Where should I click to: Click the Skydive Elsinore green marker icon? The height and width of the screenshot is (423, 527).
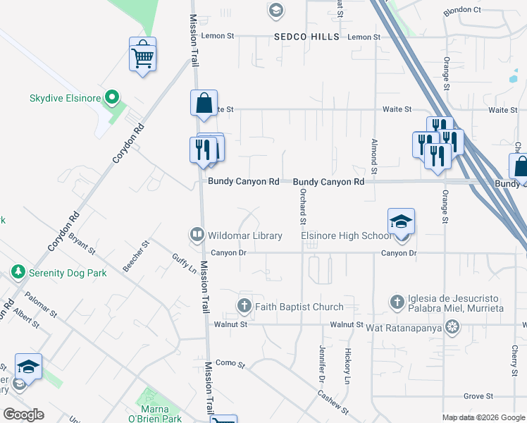pyautogui.click(x=111, y=97)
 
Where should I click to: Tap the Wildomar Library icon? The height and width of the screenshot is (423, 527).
pyautogui.click(x=197, y=234)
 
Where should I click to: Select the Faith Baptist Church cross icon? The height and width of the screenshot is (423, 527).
pyautogui.click(x=244, y=306)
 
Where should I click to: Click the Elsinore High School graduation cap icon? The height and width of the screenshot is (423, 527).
pyautogui.click(x=400, y=221)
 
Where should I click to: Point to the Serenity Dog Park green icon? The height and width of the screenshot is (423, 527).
pyautogui.click(x=18, y=271)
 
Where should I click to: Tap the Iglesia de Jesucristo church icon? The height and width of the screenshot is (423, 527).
pyautogui.click(x=397, y=302)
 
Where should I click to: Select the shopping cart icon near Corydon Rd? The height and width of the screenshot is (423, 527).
pyautogui.click(x=142, y=54)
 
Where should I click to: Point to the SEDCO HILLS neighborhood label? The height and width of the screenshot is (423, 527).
pyautogui.click(x=307, y=37)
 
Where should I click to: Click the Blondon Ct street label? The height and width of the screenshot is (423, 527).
pyautogui.click(x=461, y=11)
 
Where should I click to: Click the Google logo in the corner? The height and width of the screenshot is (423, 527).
pyautogui.click(x=23, y=414)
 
